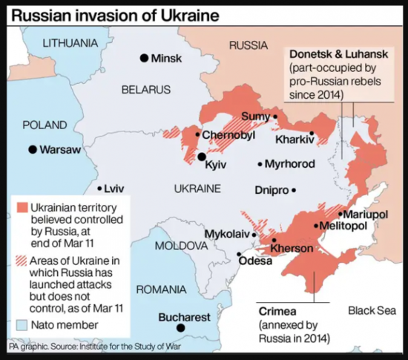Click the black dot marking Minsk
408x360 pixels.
(x=144, y=59)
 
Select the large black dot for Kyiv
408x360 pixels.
(x=202, y=157)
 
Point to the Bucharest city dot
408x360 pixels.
(x=180, y=328)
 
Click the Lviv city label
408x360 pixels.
(x=115, y=189)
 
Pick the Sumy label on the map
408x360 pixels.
(x=255, y=117)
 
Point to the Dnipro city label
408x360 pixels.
(x=271, y=190)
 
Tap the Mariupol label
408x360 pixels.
(x=367, y=214)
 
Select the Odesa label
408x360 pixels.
(x=255, y=261)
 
